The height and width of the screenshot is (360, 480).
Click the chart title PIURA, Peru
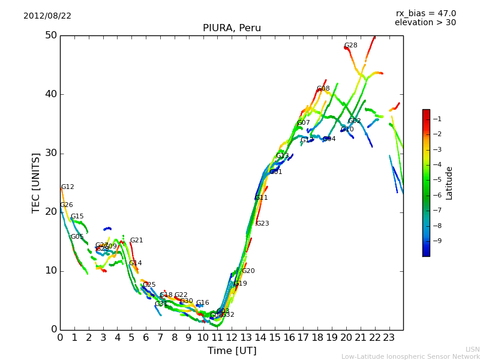click(x=232, y=28)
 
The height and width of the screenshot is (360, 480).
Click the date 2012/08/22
click(x=47, y=16)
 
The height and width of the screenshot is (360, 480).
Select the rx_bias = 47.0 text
click(x=425, y=13)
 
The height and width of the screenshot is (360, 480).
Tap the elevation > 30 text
click(x=425, y=23)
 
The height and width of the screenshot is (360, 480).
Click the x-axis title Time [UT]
click(x=232, y=350)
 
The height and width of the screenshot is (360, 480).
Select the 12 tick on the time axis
click(x=232, y=337)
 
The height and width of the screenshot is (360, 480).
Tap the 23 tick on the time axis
click(x=389, y=337)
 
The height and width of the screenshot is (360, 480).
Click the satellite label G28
click(x=350, y=46)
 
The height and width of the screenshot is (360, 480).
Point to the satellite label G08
click(x=323, y=89)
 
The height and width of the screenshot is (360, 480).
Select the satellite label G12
click(x=68, y=187)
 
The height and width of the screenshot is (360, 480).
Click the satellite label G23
click(x=262, y=224)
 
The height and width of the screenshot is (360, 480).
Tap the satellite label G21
click(x=136, y=241)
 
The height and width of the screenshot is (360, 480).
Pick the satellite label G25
click(x=149, y=285)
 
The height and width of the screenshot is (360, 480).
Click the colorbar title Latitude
click(x=449, y=183)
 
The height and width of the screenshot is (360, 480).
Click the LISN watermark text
click(x=472, y=349)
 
